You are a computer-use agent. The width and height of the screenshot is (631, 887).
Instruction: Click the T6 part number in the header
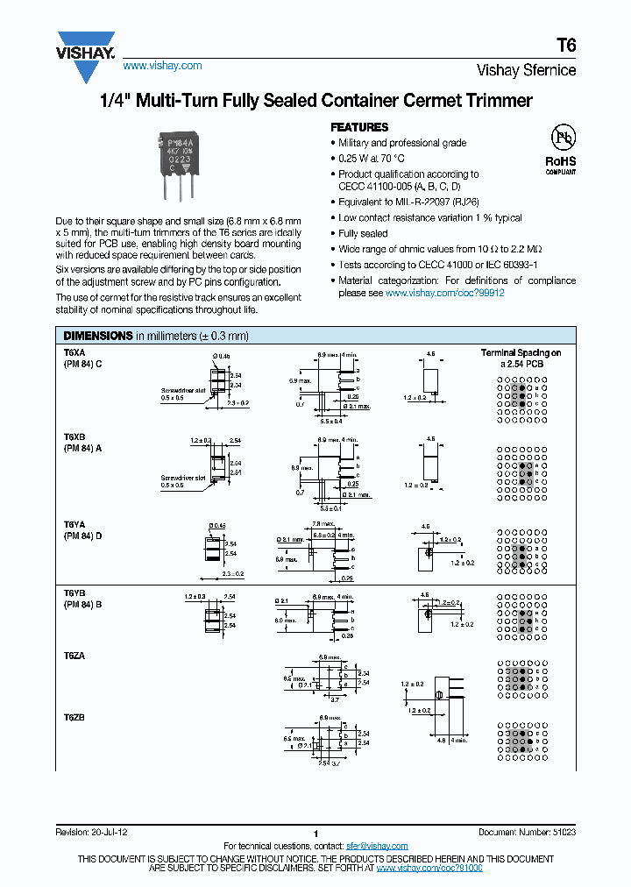(x=566, y=46)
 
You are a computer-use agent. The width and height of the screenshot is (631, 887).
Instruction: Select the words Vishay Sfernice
(x=526, y=70)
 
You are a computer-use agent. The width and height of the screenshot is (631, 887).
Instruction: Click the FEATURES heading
(x=358, y=127)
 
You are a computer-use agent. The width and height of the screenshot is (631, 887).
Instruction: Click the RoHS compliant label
(x=561, y=165)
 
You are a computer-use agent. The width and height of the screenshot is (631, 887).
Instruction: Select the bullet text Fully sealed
(x=363, y=234)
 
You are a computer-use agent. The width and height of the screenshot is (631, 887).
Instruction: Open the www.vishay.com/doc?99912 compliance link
(x=445, y=293)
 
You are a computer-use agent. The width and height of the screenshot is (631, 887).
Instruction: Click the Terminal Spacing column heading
(x=521, y=352)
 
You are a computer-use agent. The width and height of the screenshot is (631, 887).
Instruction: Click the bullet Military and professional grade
(x=402, y=143)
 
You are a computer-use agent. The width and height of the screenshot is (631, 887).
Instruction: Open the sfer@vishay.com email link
(x=377, y=846)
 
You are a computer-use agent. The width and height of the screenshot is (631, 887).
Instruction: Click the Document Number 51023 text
(x=527, y=833)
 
